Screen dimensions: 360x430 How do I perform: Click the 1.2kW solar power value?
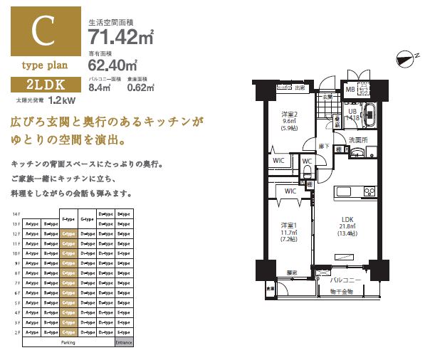click(x=63, y=101)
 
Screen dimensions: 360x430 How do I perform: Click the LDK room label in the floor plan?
click(x=348, y=219)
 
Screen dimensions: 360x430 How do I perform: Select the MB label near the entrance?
click(x=350, y=90)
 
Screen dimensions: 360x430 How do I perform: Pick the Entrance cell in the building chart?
click(x=124, y=342)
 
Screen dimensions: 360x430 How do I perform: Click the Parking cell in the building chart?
click(x=68, y=342)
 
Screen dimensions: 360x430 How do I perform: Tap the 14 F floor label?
click(x=16, y=213)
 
